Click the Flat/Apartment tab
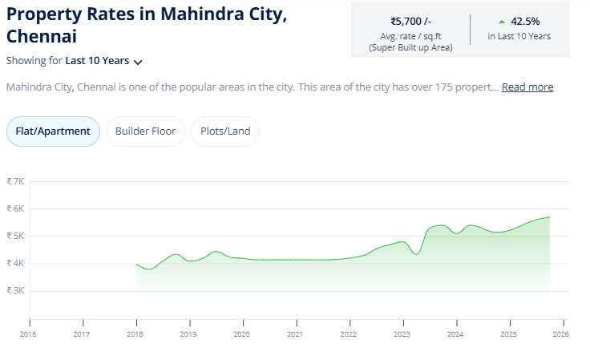pyautogui.click(x=53, y=131)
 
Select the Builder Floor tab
pyautogui.click(x=146, y=131)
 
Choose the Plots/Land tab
pyautogui.click(x=225, y=131)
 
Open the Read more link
pyautogui.click(x=527, y=87)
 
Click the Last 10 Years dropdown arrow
pyautogui.click(x=138, y=62)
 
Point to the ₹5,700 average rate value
pyautogui.click(x=410, y=22)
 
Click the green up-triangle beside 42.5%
pyautogui.click(x=502, y=22)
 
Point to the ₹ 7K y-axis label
pyautogui.click(x=15, y=181)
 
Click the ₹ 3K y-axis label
pyautogui.click(x=15, y=290)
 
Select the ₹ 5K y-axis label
pyautogui.click(x=15, y=236)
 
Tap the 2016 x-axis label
pyautogui.click(x=28, y=334)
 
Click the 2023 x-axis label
pyautogui.click(x=402, y=334)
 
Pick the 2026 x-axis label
pyautogui.click(x=561, y=334)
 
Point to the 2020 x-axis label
pyautogui.click(x=241, y=334)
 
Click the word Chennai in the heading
pyautogui.click(x=42, y=37)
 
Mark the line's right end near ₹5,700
pyautogui.click(x=549, y=217)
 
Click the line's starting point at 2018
pyautogui.click(x=136, y=264)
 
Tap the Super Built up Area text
pyautogui.click(x=410, y=48)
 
